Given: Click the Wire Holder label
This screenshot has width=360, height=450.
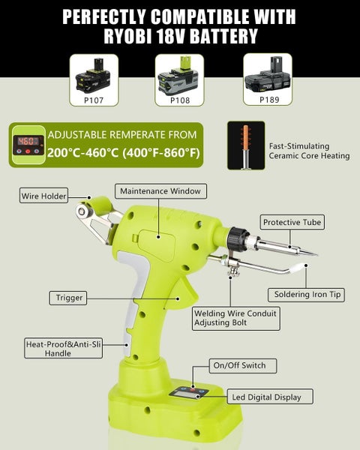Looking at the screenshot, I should [x=43, y=196].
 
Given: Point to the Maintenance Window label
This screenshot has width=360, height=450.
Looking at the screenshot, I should [x=160, y=190].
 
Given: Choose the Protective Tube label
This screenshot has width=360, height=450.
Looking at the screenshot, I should [x=290, y=222].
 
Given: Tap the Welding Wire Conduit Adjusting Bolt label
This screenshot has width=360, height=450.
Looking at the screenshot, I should [x=235, y=318].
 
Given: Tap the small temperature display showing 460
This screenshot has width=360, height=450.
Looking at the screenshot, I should [x=28, y=140].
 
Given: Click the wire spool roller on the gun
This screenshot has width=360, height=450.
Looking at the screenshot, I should [x=99, y=205].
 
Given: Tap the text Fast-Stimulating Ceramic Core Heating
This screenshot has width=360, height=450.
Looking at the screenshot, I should [x=308, y=150].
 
